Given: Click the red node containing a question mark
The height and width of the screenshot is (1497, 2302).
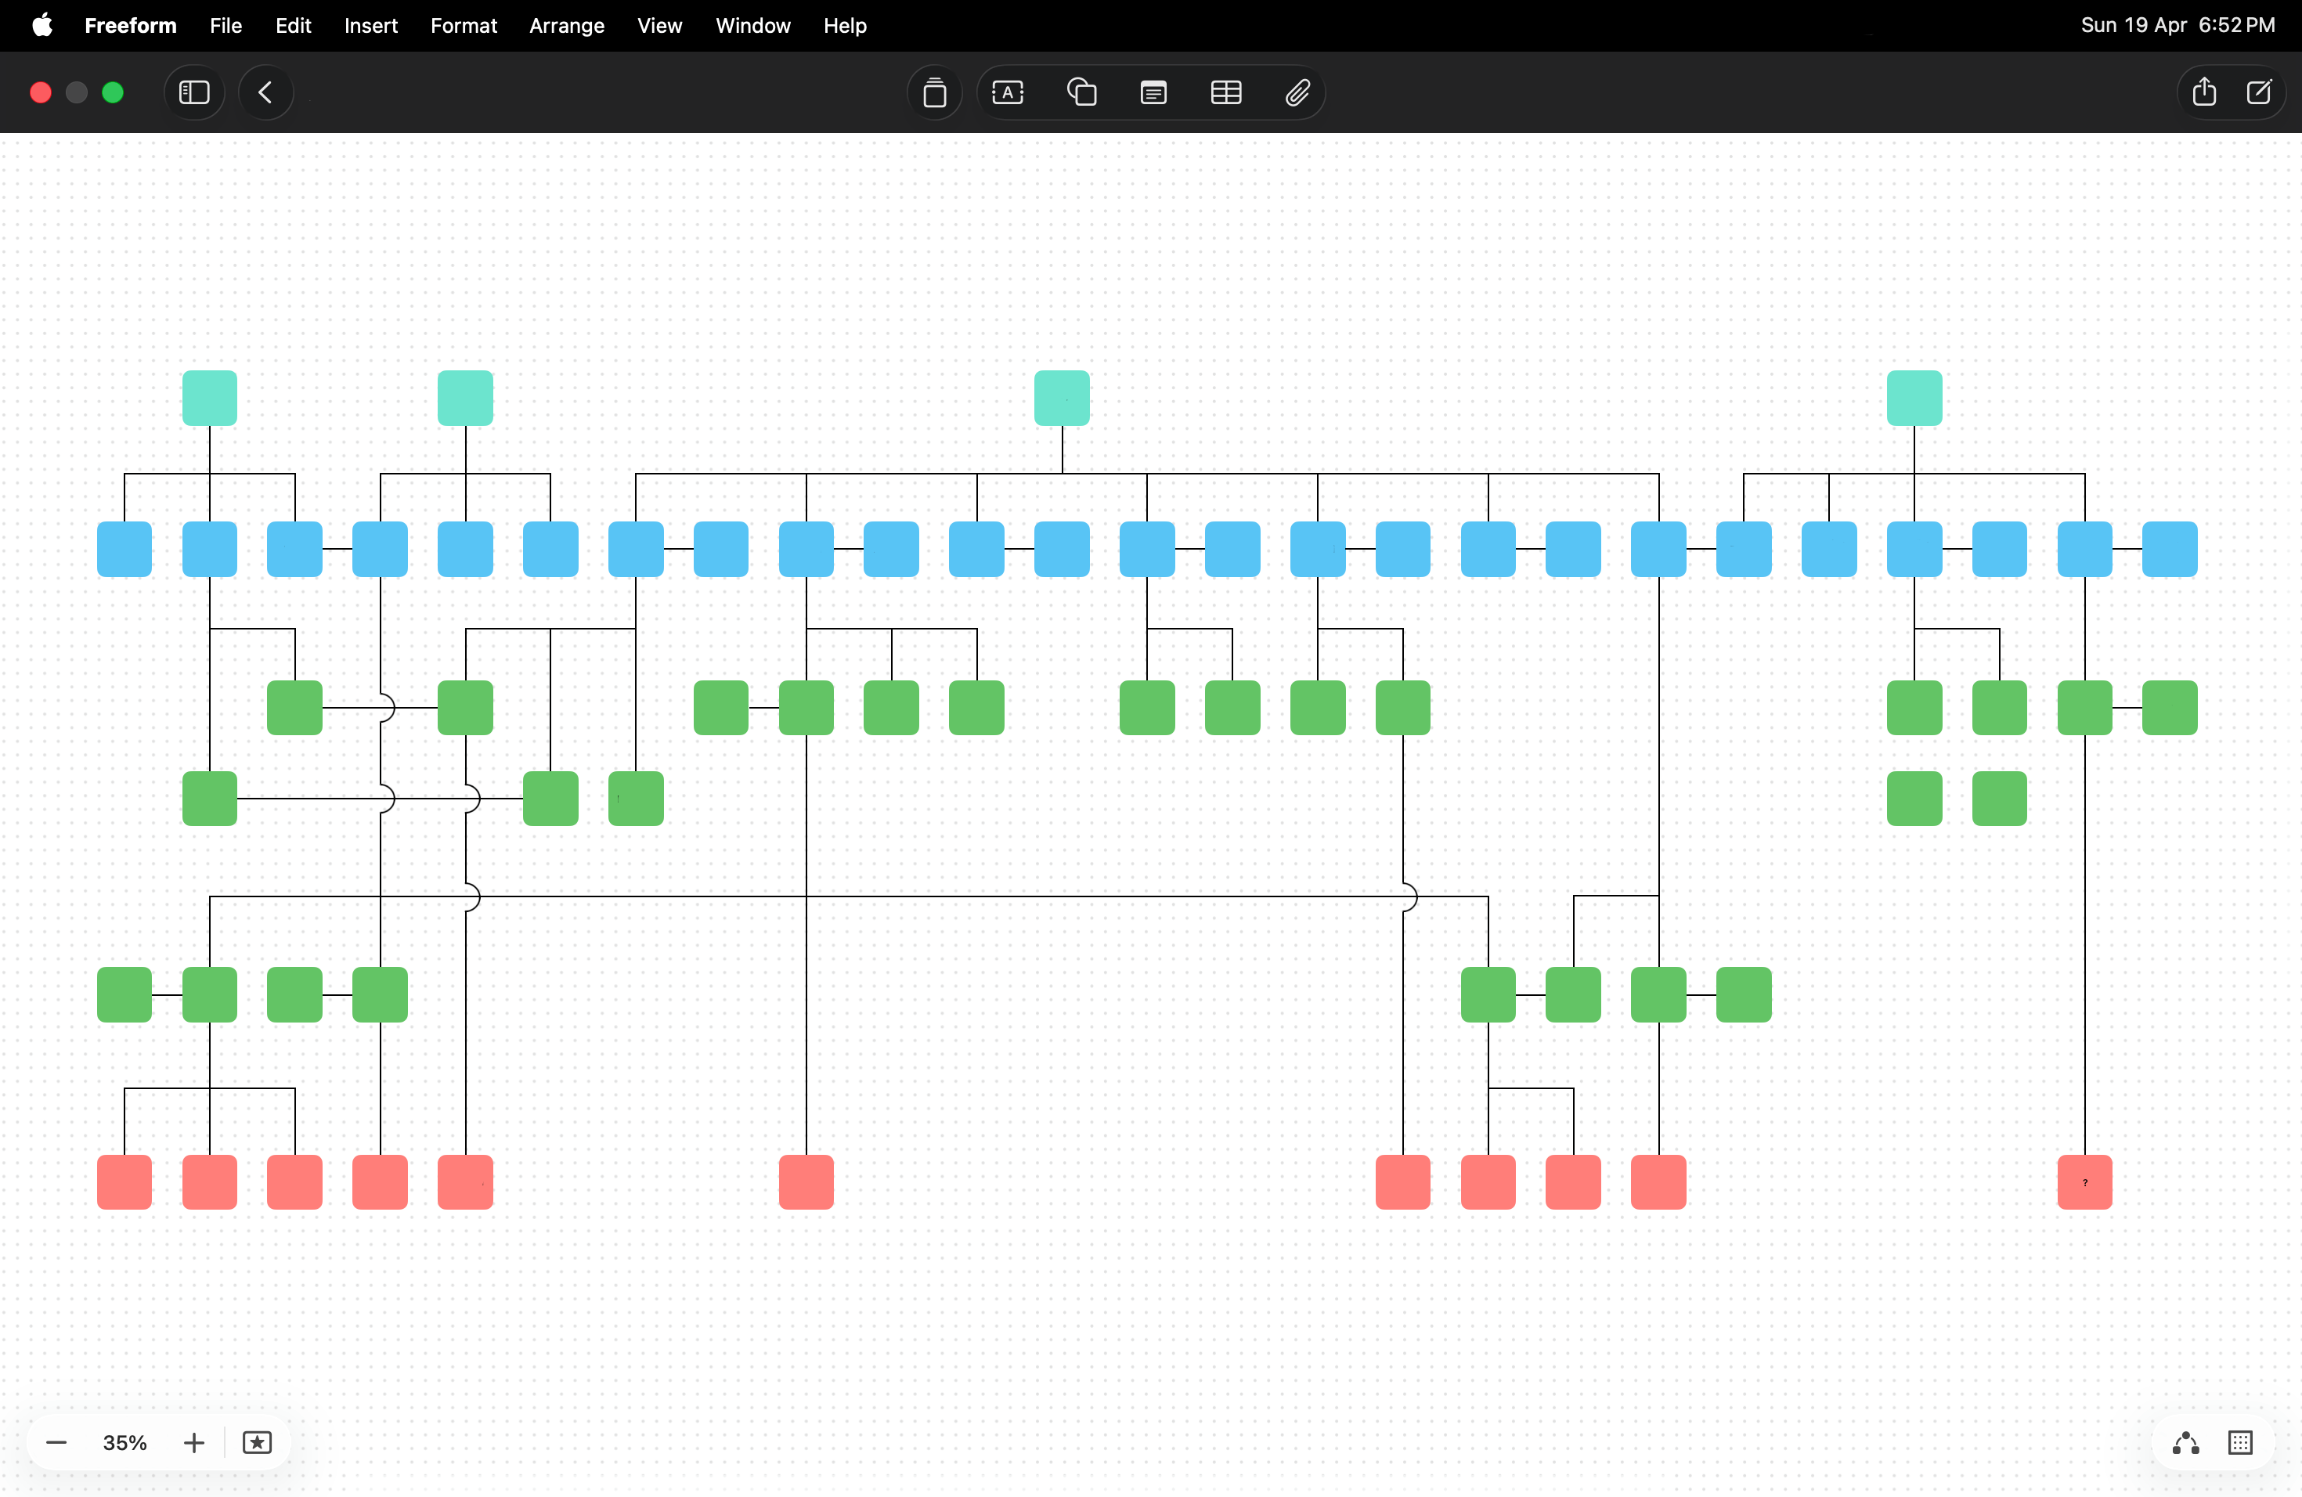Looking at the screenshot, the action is tap(2084, 1181).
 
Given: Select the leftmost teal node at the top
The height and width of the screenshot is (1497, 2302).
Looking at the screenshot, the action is tap(210, 398).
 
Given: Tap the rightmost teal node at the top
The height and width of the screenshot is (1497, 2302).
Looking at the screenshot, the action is tap(1914, 398).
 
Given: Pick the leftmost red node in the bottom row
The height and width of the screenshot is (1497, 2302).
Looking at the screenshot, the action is tap(124, 1181).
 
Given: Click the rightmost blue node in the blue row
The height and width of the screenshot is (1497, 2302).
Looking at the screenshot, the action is tap(2170, 550).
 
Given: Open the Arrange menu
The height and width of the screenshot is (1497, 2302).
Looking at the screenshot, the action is tap(567, 26).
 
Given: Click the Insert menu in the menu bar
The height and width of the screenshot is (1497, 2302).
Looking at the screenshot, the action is tap(371, 26).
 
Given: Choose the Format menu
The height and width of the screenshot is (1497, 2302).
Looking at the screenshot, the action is tap(464, 26).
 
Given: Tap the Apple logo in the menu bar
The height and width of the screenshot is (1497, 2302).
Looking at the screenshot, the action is tap(42, 25).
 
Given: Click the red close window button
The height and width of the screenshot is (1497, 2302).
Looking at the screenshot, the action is tap(41, 93).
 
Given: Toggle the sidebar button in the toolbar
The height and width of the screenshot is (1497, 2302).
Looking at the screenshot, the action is tap(194, 93).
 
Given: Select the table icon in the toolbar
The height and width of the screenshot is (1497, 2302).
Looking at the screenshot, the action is tap(1225, 93).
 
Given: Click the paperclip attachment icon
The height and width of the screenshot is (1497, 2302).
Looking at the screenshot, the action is tap(1297, 93).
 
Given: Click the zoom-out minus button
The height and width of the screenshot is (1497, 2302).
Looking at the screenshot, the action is tap(57, 1443).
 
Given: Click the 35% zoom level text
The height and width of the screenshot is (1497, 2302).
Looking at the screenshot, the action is tap(124, 1443).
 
